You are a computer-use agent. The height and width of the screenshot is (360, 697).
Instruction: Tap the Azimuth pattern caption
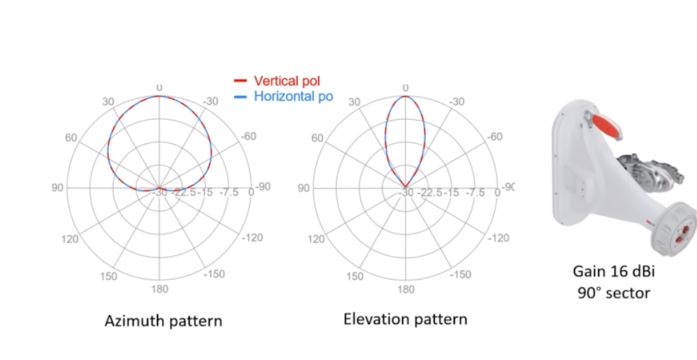163,321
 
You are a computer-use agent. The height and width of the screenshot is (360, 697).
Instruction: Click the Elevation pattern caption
405,319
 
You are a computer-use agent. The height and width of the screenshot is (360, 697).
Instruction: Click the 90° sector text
613,293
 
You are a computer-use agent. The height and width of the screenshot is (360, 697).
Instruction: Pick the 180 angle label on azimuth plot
160,289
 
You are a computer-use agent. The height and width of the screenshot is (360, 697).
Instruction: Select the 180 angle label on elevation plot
406,289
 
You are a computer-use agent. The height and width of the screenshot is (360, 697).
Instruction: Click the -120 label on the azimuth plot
252,237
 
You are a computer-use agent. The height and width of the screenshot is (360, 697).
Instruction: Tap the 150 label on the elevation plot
355,277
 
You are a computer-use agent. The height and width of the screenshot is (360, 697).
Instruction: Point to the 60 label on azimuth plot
72,138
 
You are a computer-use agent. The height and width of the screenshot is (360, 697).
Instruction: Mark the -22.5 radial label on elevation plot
431,193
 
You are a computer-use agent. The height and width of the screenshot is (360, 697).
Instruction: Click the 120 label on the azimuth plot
69,239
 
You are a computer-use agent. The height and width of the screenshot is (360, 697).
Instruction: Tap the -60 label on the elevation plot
494,136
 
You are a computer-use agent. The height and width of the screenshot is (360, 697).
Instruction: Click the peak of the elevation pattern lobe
405,96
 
